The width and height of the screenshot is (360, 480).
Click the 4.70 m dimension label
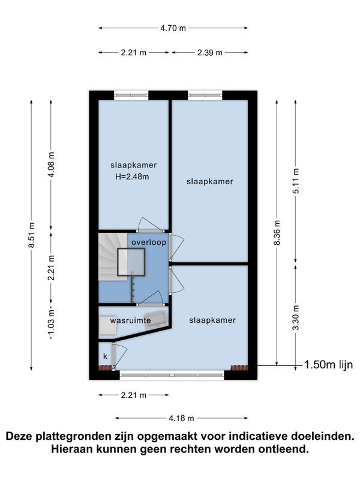(x=173, y=28)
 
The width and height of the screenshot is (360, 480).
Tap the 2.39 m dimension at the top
(x=209, y=53)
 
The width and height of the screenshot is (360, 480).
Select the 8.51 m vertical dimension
(x=32, y=236)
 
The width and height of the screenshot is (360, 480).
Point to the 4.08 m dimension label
(x=52, y=164)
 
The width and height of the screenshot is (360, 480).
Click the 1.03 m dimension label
(x=51, y=322)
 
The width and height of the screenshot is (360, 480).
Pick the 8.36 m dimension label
(x=277, y=233)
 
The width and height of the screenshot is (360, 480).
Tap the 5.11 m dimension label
(x=296, y=181)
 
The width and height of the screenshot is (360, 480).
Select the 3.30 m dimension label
(x=296, y=318)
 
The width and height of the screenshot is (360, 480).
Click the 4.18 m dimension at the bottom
(x=182, y=418)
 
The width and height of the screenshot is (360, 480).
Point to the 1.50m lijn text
(x=328, y=365)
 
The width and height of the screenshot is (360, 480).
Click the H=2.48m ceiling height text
(x=132, y=176)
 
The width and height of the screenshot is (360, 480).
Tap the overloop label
(x=149, y=242)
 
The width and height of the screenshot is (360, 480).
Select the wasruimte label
(x=130, y=320)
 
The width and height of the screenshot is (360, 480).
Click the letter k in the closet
(x=106, y=356)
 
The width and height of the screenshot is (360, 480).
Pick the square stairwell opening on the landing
(x=131, y=262)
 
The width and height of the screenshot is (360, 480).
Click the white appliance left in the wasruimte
(x=107, y=325)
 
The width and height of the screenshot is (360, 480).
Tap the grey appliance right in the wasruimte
(x=156, y=320)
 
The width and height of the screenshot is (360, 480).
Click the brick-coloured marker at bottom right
(x=239, y=368)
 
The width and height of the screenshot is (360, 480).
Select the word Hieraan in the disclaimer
(x=72, y=449)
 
